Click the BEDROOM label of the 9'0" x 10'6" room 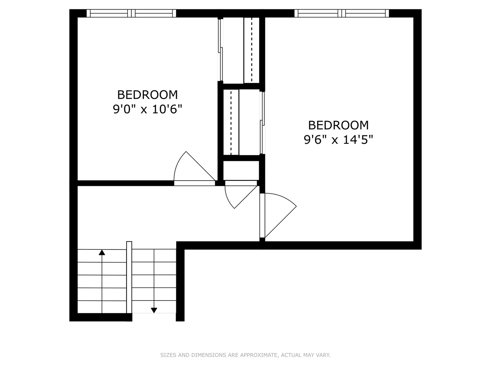(147, 94)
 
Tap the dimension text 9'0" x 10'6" (147, 109)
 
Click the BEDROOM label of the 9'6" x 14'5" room (338, 125)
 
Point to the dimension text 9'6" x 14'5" (338, 140)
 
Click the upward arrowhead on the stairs (102, 252)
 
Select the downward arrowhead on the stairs (154, 310)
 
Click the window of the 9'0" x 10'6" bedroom (131, 13)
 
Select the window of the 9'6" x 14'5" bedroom (342, 13)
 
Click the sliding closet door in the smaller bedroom (221, 49)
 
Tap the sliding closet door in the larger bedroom (262, 123)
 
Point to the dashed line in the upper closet (252, 49)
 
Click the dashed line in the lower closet (231, 123)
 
